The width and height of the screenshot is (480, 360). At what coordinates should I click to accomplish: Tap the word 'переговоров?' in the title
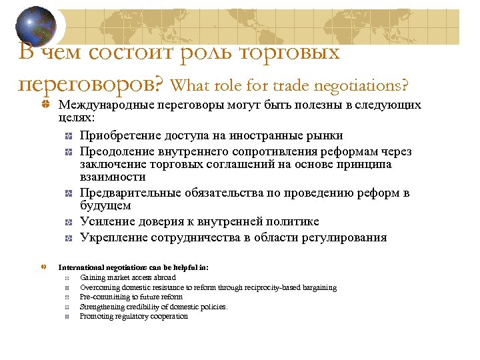92,84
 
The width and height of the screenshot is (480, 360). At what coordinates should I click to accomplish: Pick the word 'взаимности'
113,177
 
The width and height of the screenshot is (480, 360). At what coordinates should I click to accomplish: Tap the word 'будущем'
105,206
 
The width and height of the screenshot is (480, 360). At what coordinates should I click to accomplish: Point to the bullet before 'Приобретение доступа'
69,136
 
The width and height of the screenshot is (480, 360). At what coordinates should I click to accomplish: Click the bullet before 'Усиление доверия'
69,223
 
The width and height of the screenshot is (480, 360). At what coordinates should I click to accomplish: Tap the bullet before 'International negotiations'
43,267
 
